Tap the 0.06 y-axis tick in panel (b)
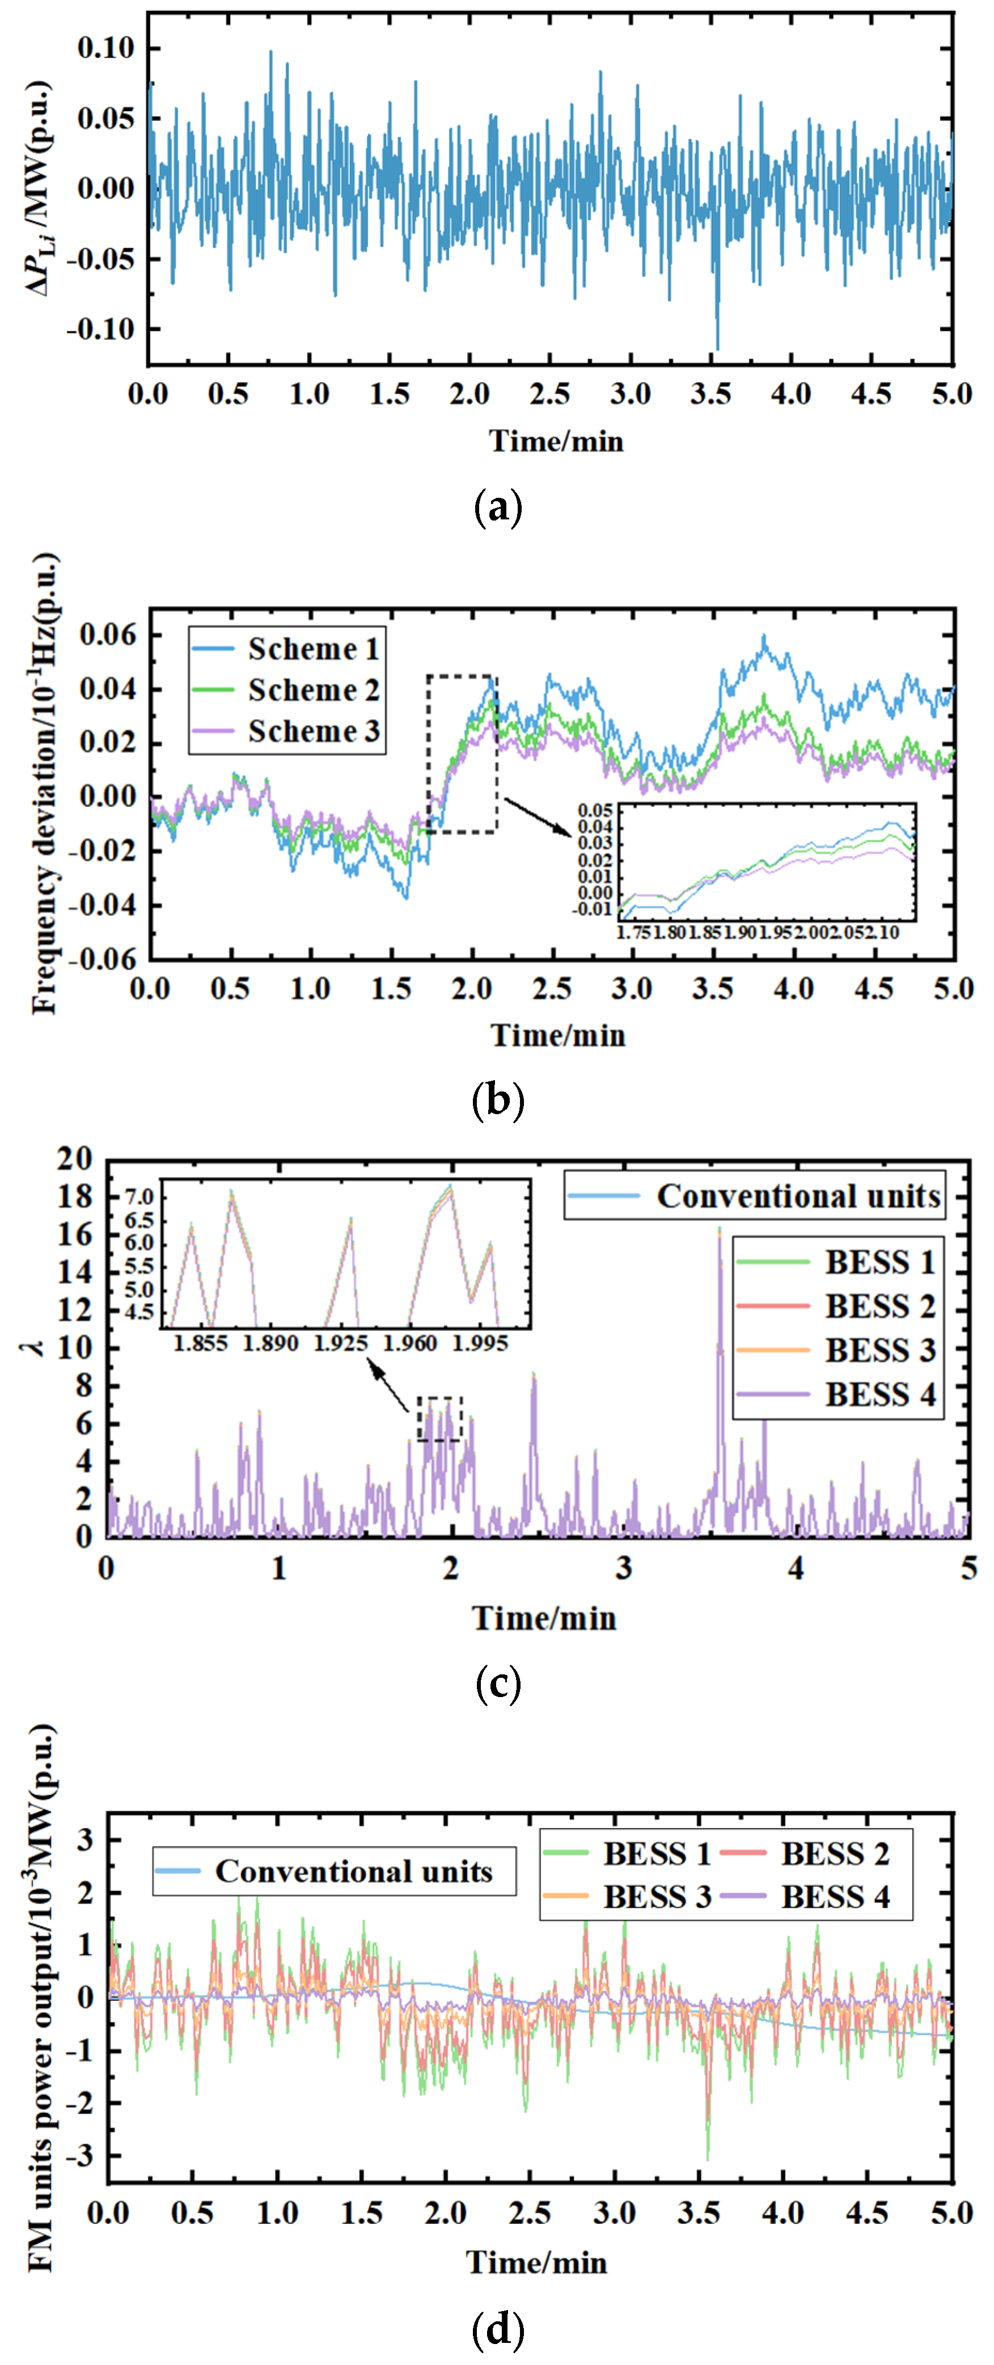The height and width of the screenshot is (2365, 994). pos(107,634)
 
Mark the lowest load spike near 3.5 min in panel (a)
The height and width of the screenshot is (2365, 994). pos(717,349)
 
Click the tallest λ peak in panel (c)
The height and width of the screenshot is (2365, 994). pos(720,1228)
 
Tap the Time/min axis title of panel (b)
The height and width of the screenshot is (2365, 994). pos(557,1035)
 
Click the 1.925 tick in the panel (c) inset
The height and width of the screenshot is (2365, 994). pos(341,1344)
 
